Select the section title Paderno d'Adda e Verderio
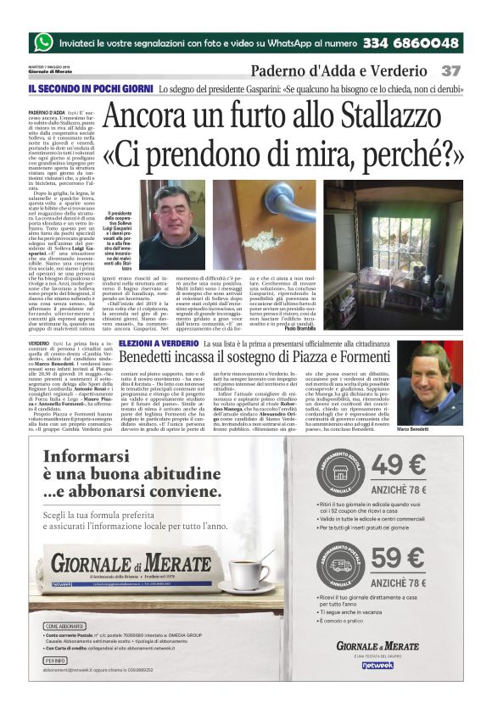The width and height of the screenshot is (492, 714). click(338, 70)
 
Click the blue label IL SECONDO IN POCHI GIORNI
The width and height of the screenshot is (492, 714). click(88, 88)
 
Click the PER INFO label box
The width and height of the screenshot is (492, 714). click(56, 659)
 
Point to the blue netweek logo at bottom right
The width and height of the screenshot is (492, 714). click(377, 665)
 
